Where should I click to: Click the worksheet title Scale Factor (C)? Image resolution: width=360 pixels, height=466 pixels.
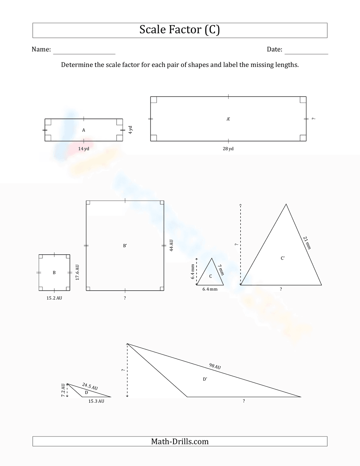(180, 30)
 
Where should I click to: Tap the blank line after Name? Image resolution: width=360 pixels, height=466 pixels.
(84, 50)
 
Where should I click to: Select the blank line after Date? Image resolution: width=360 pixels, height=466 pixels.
(306, 50)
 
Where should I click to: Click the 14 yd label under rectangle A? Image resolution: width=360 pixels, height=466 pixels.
(84, 149)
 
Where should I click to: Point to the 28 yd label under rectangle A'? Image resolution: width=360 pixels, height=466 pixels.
(228, 149)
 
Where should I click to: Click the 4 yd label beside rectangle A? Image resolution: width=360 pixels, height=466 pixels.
(131, 130)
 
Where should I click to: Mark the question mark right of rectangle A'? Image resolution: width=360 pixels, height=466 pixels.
(314, 119)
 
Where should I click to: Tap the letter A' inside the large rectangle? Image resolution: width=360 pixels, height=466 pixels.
(228, 119)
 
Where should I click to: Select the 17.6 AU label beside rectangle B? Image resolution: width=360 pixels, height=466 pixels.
(77, 273)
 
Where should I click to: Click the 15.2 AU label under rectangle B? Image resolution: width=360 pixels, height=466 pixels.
(54, 298)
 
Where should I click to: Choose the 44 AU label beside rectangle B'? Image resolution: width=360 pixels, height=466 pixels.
(171, 246)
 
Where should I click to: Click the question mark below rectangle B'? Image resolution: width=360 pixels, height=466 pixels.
(125, 298)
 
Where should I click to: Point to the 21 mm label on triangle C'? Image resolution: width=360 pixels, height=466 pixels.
(307, 243)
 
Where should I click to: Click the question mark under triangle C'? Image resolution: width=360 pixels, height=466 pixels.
(281, 289)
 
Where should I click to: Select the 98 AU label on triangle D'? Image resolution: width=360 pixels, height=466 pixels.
(215, 366)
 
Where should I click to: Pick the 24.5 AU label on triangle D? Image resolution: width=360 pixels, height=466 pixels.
(90, 386)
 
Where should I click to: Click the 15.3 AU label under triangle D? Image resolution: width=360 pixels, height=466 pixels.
(96, 401)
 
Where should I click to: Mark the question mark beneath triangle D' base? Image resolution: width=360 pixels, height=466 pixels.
(244, 401)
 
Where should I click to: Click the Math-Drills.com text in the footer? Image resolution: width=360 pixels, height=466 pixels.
(180, 442)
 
